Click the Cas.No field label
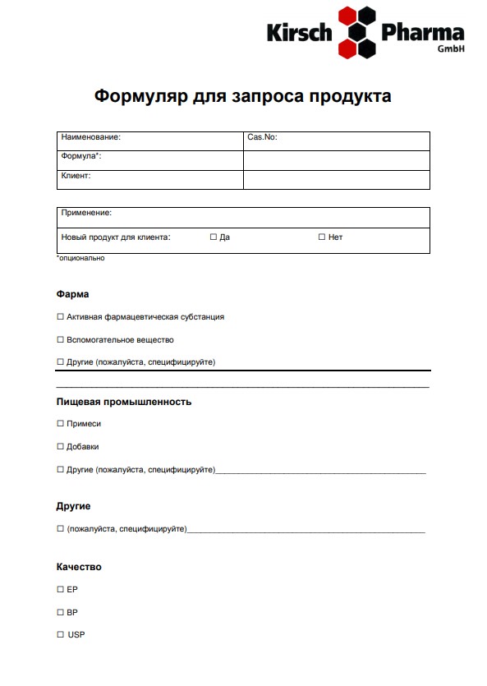(x=262, y=137)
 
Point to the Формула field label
(x=80, y=156)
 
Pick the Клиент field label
(x=76, y=175)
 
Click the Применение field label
(x=86, y=213)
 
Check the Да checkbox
(x=214, y=237)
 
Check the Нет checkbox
(x=322, y=237)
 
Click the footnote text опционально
(x=80, y=258)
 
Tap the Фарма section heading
(x=72, y=294)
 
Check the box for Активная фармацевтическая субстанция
(x=60, y=316)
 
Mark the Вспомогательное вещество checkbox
(x=60, y=339)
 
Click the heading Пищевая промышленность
(x=124, y=402)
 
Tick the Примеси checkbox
(x=60, y=424)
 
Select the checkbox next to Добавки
(x=60, y=447)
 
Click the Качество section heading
(x=79, y=567)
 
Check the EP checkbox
(x=60, y=590)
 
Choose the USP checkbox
(x=60, y=635)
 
